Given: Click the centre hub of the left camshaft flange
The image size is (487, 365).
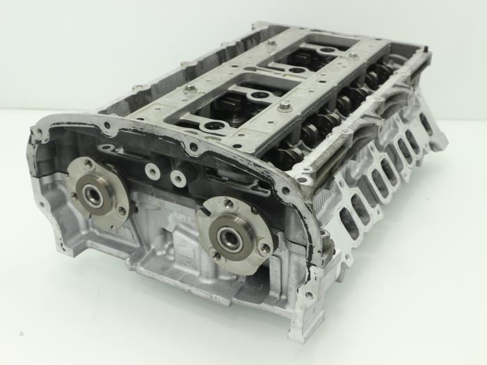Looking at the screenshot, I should [x=93, y=195].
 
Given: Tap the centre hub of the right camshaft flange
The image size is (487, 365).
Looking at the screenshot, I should [x=230, y=238].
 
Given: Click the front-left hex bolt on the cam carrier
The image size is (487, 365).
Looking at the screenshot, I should [x=191, y=90].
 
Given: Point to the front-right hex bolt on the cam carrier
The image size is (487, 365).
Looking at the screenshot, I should [x=285, y=106].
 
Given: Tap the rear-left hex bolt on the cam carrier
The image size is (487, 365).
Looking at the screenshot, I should [x=271, y=43].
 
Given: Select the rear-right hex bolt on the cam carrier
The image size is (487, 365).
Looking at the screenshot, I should [x=353, y=55].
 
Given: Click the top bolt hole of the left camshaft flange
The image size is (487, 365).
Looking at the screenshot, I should [x=89, y=164].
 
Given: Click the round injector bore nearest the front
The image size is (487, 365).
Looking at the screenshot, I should [x=214, y=126].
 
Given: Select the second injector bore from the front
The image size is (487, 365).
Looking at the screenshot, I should [x=257, y=95].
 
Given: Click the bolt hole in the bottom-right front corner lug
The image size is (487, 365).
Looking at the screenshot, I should [x=308, y=295].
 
